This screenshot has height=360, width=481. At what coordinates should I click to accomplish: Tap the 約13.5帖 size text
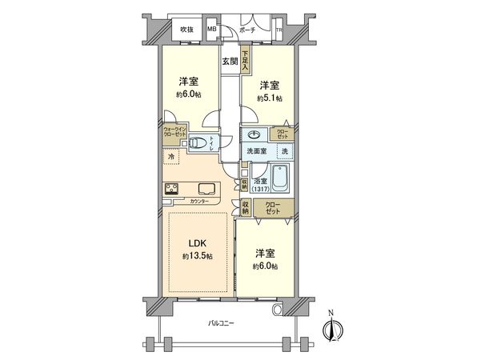[x=198, y=256]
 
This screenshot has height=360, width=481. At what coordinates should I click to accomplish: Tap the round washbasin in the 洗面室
[x=254, y=134]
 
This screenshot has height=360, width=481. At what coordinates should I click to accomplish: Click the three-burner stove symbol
[x=172, y=189]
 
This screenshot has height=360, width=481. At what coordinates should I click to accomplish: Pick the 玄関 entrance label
[x=230, y=61]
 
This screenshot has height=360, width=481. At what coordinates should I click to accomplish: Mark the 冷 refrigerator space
[x=171, y=157]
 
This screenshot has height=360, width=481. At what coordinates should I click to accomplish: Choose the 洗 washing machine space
[x=283, y=151]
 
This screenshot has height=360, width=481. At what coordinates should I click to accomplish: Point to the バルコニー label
[x=221, y=323]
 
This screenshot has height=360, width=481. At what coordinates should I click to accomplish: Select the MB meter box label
[x=212, y=30]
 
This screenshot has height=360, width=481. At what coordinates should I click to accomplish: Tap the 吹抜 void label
[x=186, y=30]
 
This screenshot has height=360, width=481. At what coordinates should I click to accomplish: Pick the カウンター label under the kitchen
[x=199, y=201]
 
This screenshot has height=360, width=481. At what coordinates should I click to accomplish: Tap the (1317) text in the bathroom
[x=260, y=189]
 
